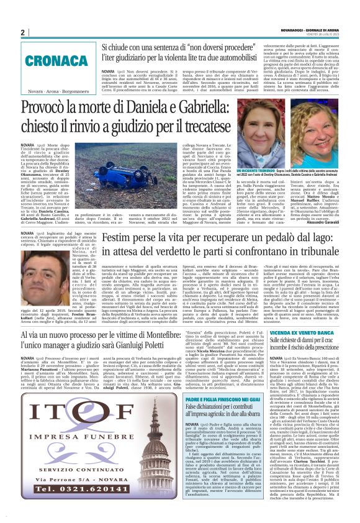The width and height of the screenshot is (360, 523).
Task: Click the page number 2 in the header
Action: point(22,32)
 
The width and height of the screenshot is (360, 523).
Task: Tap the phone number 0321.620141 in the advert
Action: point(60,489)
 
